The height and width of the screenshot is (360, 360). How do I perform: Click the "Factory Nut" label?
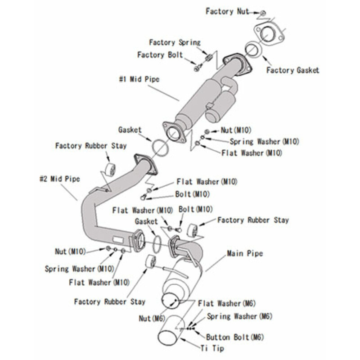coord(227,11)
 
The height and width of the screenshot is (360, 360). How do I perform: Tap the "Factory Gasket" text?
coord(292,70)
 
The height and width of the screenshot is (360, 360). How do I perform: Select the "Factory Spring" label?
coord(175,42)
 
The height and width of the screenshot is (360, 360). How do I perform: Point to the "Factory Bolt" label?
coord(160,55)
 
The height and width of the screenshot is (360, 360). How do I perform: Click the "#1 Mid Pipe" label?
coord(139,79)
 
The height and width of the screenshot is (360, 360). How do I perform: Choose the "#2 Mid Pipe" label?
coord(59,179)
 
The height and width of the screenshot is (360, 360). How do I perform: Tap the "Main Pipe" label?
coord(245,253)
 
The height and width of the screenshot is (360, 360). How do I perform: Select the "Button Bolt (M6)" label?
coord(234,337)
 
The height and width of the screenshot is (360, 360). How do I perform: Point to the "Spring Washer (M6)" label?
coord(239,316)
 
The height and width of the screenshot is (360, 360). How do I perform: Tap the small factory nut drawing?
coord(263,12)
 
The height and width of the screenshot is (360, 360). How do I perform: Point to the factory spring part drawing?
coord(208,58)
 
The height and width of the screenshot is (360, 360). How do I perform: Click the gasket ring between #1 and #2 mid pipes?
coord(158,147)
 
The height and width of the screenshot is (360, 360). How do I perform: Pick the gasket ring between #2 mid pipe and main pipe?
coord(156,243)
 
